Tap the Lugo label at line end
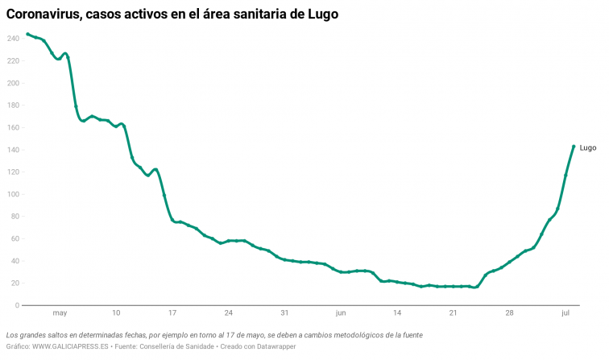pos(587,147)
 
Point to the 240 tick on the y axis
pos(12,39)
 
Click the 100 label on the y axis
pos(12,194)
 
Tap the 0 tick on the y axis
pos(16,305)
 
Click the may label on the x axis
pos(60,312)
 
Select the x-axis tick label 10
pos(116,312)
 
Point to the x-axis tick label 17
pos(172,312)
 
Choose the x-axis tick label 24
pos(229,312)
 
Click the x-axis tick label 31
pos(284,312)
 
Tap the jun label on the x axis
pos(341,312)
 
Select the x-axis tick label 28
pos(509,312)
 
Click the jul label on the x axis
pos(565,312)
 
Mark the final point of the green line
pos(574,147)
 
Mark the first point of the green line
pos(27,34)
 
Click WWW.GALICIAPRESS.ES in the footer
pos(70,346)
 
